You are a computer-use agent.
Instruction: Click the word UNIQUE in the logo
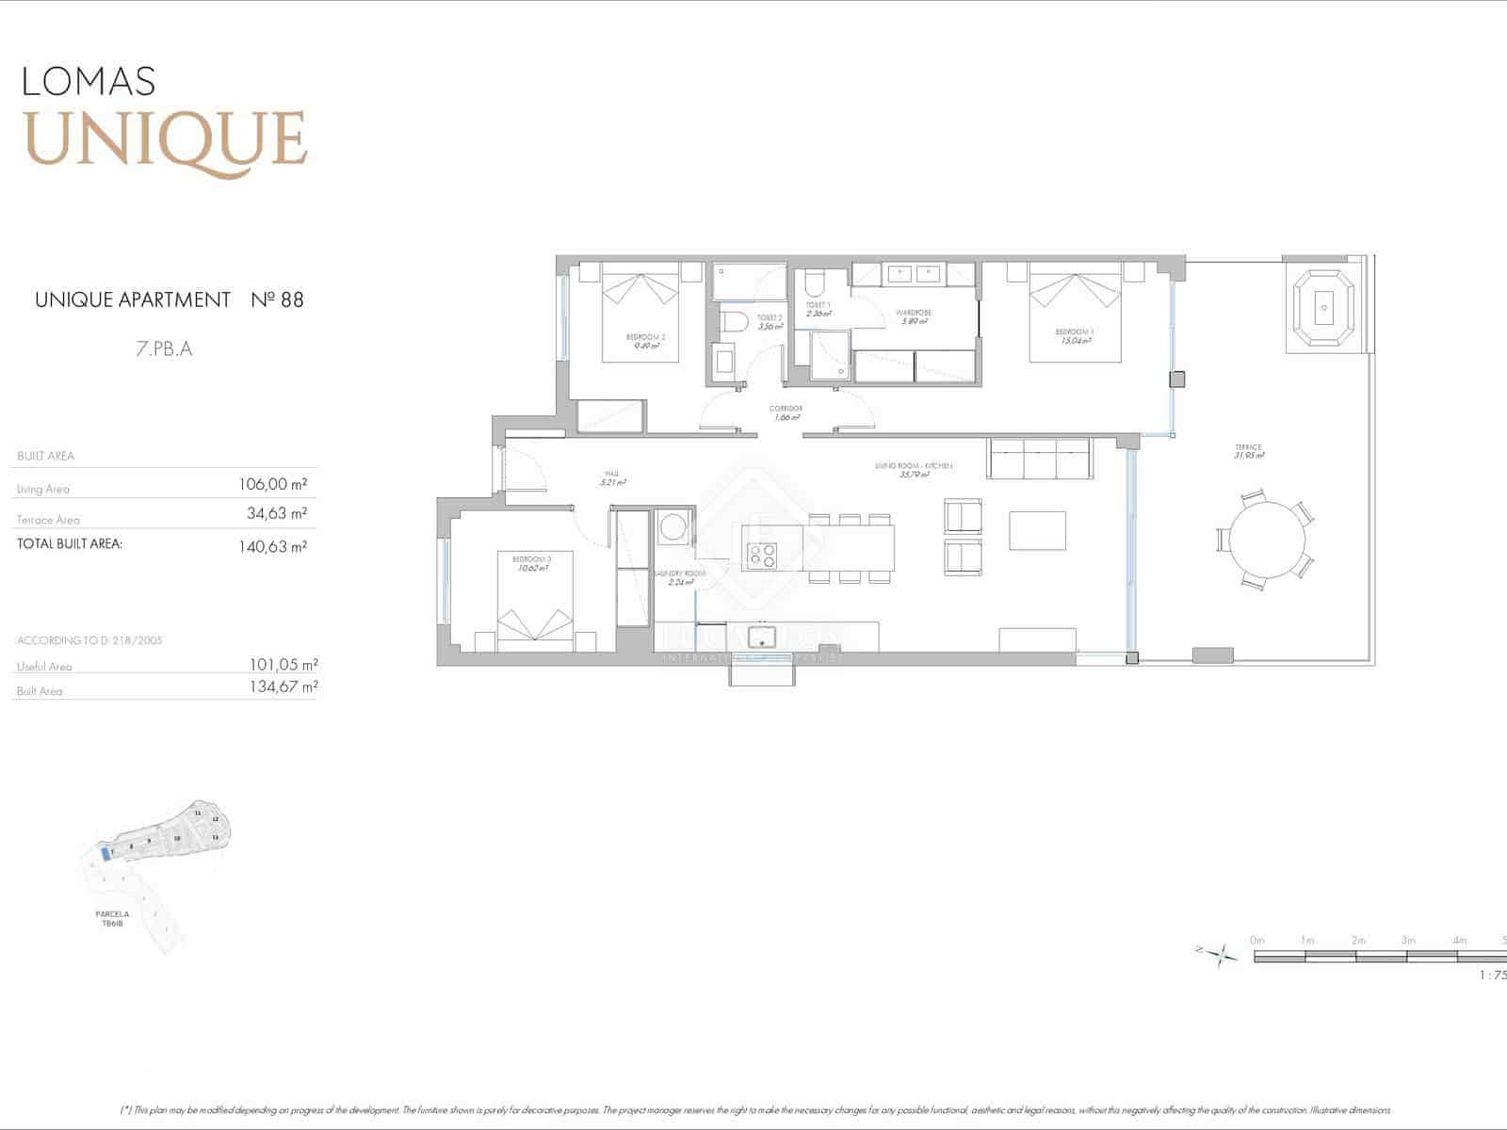(x=166, y=139)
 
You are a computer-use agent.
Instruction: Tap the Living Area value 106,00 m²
(x=273, y=484)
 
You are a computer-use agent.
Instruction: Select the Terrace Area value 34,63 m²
(x=276, y=514)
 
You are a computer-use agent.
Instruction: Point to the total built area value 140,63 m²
(x=273, y=546)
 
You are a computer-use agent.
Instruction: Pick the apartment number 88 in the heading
(x=291, y=300)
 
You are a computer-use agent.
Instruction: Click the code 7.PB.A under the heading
(x=164, y=348)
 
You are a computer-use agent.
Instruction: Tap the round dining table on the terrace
(x=1267, y=541)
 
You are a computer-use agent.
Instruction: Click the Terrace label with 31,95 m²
(x=1249, y=451)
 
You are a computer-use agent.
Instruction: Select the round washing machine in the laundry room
(x=673, y=526)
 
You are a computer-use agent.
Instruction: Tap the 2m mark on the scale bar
(x=1357, y=940)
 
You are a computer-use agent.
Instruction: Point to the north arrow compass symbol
(x=1222, y=956)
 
